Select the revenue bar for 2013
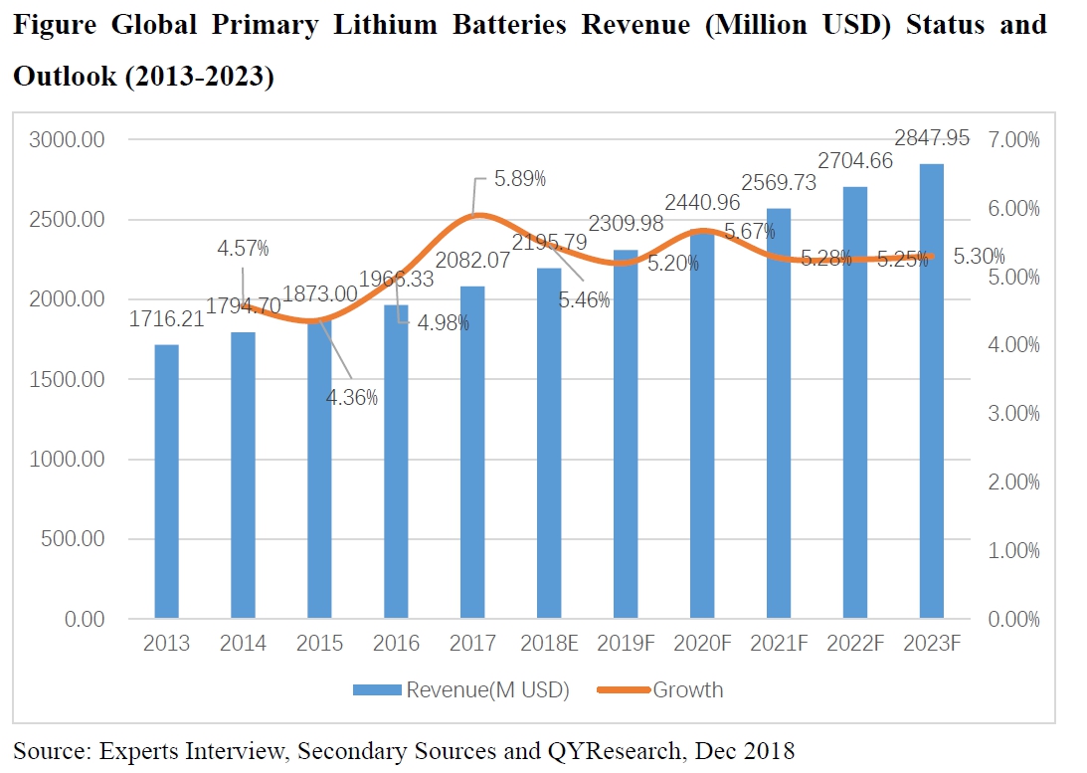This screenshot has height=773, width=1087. tap(166, 483)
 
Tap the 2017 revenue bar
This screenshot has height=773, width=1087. tap(472, 453)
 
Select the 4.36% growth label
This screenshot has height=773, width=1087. tap(353, 397)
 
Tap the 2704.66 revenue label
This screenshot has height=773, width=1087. tap(854, 161)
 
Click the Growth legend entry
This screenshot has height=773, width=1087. tap(687, 689)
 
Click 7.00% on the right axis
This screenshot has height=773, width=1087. tap(1014, 140)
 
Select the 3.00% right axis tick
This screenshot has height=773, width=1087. tap(1014, 414)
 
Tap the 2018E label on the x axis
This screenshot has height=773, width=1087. tap(549, 644)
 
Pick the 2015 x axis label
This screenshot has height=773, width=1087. tap(320, 644)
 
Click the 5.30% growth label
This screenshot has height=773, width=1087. tap(980, 257)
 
